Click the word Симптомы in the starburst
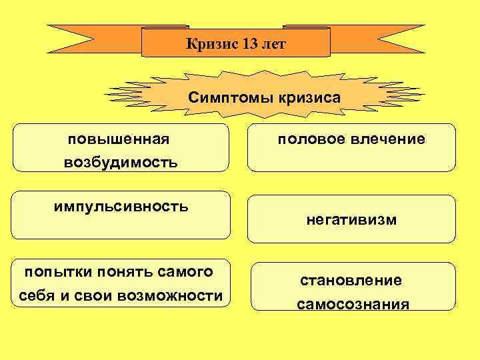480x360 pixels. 227,97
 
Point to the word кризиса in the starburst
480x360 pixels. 305,97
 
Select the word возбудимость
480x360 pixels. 121,162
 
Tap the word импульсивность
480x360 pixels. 121,206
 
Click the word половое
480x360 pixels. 311,139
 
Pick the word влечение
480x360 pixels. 387,139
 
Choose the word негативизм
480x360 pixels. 351,219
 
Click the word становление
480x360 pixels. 351,281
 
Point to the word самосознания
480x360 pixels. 353,305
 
